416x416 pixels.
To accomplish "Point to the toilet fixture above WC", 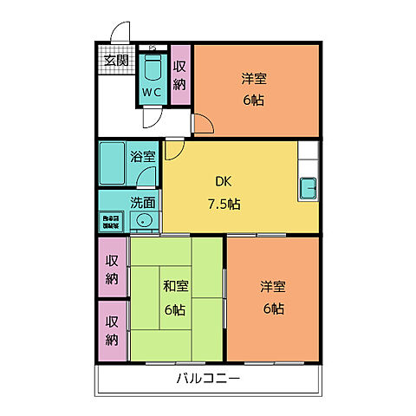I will [x=153, y=68].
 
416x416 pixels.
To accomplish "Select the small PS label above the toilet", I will [x=153, y=48].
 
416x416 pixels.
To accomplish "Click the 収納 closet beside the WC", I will [x=180, y=75].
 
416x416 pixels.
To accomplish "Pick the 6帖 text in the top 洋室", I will [x=254, y=100].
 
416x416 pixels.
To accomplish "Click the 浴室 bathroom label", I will [x=143, y=157].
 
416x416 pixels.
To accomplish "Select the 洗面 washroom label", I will [x=143, y=202].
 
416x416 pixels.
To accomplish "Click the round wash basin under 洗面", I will [x=143, y=221].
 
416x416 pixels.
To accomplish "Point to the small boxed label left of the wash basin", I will [x=111, y=221].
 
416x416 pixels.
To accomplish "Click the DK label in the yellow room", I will [x=223, y=182].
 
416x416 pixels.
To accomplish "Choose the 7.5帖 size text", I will [x=224, y=205].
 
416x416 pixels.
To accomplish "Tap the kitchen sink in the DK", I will [x=309, y=187].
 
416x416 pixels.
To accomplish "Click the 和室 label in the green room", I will [x=176, y=285].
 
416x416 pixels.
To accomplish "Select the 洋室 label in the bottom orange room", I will [x=272, y=286].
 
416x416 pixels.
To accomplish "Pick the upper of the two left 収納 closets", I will [x=112, y=269].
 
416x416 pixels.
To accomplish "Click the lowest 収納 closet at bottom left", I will [x=112, y=330].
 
